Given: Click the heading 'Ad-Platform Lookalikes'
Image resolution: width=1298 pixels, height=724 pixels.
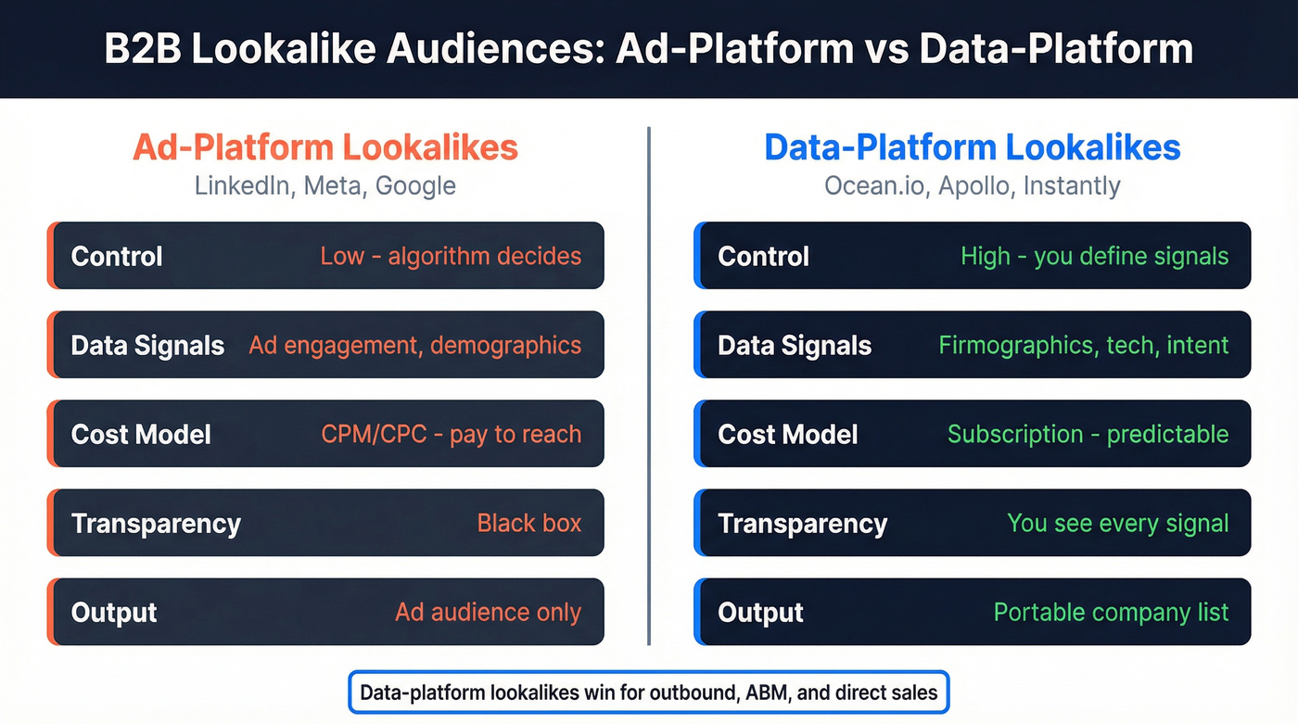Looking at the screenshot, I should (x=324, y=148).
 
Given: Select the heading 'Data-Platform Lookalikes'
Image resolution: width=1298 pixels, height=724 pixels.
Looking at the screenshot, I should (x=972, y=148).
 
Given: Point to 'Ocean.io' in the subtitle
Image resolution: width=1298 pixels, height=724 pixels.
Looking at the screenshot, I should (x=875, y=185).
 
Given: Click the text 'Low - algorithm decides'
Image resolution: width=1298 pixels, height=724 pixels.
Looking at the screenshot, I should (x=451, y=256).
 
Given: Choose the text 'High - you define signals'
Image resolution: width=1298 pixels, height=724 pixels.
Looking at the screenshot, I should (x=1094, y=256).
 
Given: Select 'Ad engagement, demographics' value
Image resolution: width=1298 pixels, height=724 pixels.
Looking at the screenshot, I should (x=414, y=346).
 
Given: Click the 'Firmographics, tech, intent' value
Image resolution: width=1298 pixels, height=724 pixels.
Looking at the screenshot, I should (x=1083, y=346).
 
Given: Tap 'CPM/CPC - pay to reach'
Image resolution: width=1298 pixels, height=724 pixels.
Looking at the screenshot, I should (x=451, y=435).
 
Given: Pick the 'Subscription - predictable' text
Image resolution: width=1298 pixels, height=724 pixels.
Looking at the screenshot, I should (x=1088, y=435).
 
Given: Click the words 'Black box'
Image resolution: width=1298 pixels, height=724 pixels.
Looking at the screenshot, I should (x=528, y=524).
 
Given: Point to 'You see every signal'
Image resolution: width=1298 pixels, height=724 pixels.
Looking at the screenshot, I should (x=1117, y=524).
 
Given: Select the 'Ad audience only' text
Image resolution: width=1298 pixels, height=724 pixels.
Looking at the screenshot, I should (x=488, y=613).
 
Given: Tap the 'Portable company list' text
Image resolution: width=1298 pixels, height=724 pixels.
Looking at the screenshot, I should (x=1111, y=613).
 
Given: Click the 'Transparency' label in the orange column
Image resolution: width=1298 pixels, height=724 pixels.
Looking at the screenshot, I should (x=156, y=524).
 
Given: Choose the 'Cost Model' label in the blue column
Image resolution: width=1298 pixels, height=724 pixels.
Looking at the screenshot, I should (x=788, y=435).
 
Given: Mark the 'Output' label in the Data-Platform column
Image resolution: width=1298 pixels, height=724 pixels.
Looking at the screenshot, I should (x=760, y=613).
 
